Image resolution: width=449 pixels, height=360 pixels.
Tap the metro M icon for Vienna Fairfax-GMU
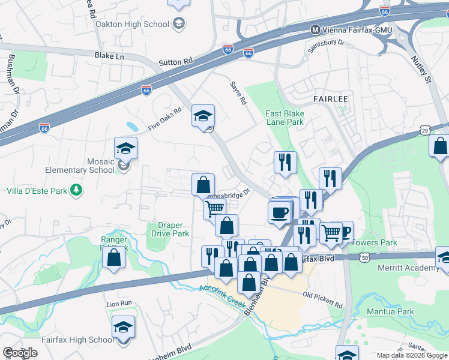pyautogui.click(x=315, y=29)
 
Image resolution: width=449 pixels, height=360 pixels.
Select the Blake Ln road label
pyautogui.click(x=109, y=56)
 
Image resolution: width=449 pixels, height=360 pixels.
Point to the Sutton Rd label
pyautogui.click(x=176, y=61)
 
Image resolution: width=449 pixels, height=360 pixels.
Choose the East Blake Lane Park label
pyautogui.click(x=285, y=118)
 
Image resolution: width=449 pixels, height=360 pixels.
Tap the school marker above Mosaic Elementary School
pyautogui.click(x=125, y=148)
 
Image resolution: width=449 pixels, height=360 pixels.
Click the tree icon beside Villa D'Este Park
pyautogui.click(x=76, y=191)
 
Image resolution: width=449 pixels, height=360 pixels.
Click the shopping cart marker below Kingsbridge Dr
pyautogui.click(x=215, y=209)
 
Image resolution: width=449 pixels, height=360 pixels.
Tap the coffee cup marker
pyautogui.click(x=279, y=212)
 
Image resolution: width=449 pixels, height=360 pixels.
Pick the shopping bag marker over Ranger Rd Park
pyautogui.click(x=113, y=257)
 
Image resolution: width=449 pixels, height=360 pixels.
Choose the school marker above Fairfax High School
pyautogui.click(x=123, y=327)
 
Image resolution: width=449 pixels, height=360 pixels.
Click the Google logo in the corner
pyautogui.click(x=20, y=353)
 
